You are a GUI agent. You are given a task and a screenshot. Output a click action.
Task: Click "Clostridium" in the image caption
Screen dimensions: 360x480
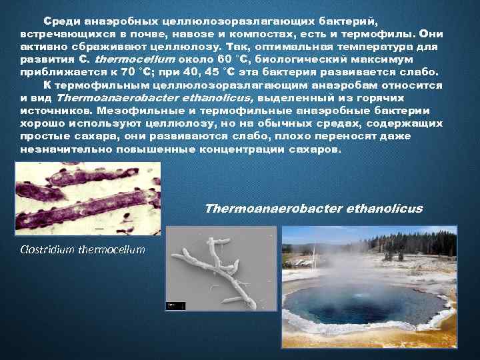pyautogui.click(x=48, y=250)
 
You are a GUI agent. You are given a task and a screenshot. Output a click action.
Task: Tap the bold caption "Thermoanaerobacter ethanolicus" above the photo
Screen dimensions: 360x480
pyautogui.click(x=313, y=209)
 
